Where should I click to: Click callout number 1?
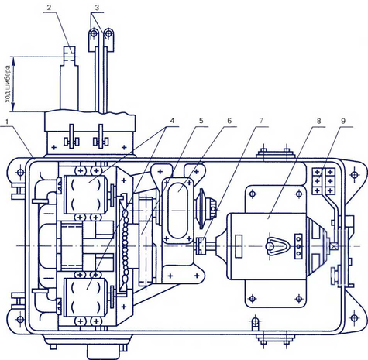tap(10, 122)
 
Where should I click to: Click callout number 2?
tap(49, 7)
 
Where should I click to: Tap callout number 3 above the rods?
tap(97, 8)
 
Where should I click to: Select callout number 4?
tap(172, 121)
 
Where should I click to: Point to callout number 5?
tap(201, 121)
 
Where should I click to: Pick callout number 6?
tap(229, 121)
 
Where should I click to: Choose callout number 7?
tap(261, 121)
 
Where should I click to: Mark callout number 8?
tap(319, 121)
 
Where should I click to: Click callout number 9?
tap(343, 121)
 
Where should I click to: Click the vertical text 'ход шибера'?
tap(9, 84)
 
